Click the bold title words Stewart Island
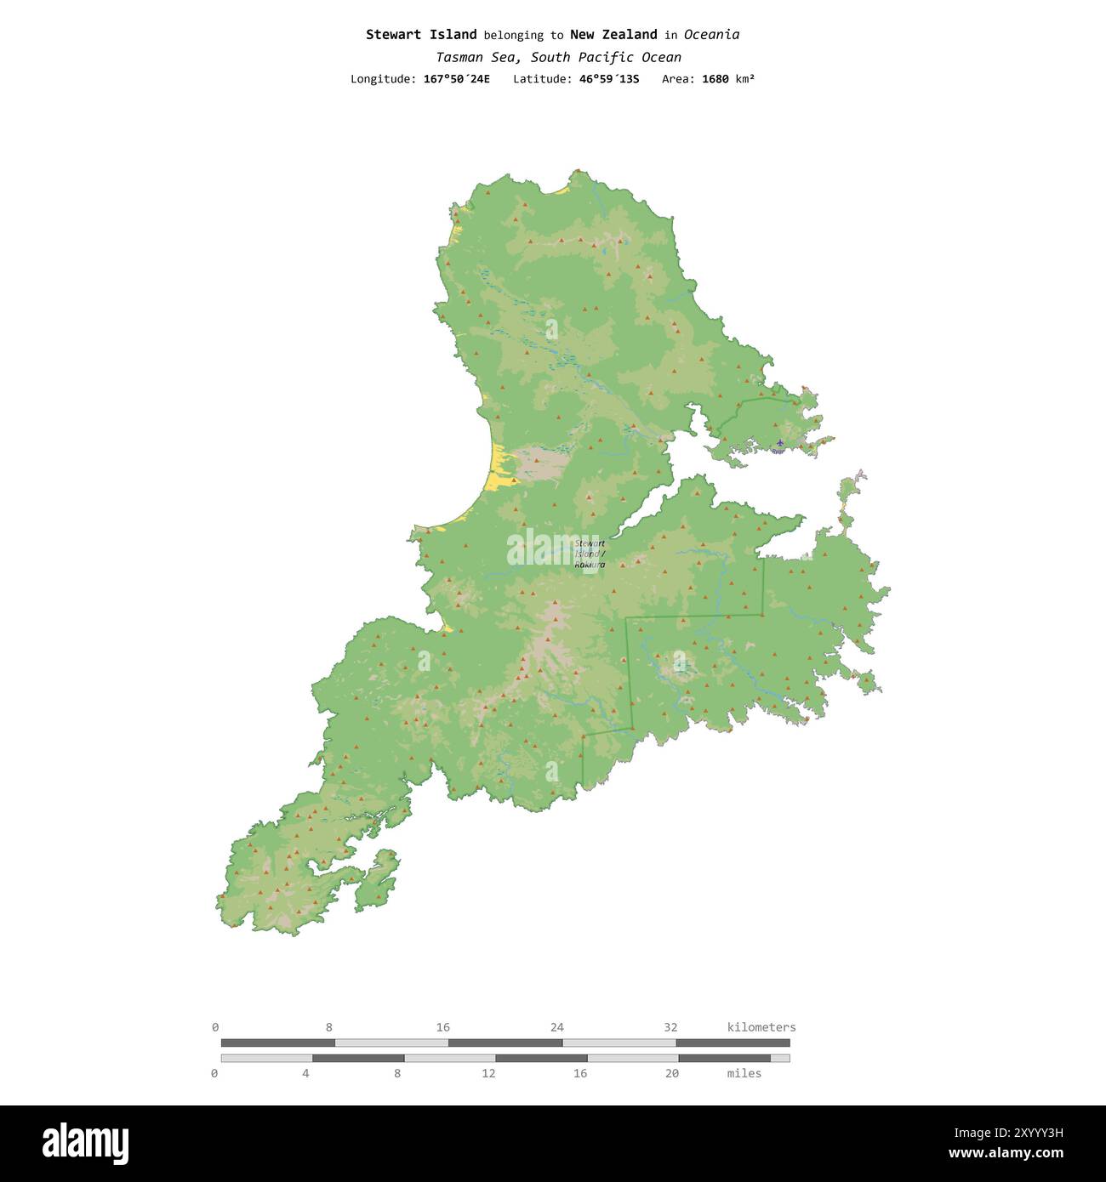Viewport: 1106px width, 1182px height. (x=421, y=35)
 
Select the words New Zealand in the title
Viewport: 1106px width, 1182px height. (x=613, y=35)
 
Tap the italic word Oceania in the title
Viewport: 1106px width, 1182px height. (x=711, y=35)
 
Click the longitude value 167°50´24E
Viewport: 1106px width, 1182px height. (x=456, y=79)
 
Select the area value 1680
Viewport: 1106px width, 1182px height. (x=715, y=79)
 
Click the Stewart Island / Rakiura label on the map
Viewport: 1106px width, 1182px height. (x=590, y=554)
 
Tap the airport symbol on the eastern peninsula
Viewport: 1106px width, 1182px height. (x=779, y=444)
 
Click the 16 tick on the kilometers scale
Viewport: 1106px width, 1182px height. (x=443, y=1027)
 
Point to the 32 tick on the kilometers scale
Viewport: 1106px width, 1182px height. (x=670, y=1027)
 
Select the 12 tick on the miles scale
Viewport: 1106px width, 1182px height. (x=488, y=1073)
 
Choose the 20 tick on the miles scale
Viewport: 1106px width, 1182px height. (x=672, y=1073)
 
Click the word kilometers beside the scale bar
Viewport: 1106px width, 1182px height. (x=761, y=1027)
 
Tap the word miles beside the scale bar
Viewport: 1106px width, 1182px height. (x=744, y=1073)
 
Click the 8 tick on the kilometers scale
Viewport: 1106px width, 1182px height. (x=329, y=1027)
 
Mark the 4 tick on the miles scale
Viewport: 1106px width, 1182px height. (x=305, y=1073)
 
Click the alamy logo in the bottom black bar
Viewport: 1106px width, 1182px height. (x=86, y=1143)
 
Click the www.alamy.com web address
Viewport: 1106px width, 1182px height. (x=1006, y=1154)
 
